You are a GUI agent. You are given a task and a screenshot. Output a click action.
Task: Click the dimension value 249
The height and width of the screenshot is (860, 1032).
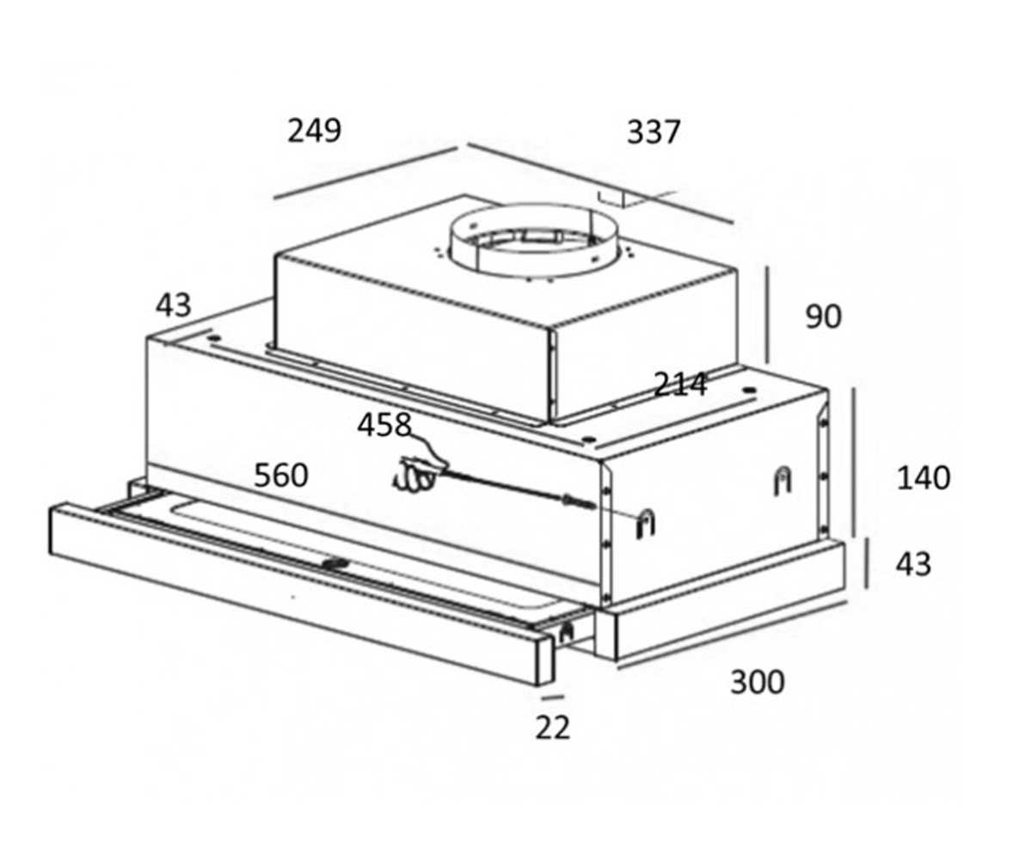[315, 131]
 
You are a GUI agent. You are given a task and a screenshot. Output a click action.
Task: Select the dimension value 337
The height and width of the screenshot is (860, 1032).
[654, 132]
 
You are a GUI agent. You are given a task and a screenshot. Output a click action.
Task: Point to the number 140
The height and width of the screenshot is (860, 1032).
[924, 478]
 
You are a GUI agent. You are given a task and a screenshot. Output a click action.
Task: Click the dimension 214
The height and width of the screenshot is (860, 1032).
[680, 384]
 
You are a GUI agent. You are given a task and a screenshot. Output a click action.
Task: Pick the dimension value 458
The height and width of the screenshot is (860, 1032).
[384, 425]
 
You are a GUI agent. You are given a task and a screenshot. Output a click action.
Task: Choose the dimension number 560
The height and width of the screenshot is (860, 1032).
[280, 476]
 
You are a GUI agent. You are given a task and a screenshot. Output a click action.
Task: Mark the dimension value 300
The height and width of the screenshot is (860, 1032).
[757, 683]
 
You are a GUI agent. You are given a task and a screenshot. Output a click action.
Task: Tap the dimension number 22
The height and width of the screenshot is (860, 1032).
[553, 728]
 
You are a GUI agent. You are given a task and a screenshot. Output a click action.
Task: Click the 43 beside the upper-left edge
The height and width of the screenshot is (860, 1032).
[174, 305]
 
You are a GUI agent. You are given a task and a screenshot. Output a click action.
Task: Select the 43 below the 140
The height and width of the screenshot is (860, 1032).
[913, 564]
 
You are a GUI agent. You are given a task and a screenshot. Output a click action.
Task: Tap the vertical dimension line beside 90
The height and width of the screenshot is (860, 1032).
[768, 315]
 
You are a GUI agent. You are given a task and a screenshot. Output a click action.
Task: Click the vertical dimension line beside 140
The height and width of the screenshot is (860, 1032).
[854, 463]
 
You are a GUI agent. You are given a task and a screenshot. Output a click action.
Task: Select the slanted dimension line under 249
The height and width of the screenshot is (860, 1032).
[365, 173]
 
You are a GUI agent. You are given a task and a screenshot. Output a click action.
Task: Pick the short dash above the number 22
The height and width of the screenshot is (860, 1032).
[553, 697]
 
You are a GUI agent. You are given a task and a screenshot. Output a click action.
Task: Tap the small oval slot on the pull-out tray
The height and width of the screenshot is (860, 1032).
[336, 563]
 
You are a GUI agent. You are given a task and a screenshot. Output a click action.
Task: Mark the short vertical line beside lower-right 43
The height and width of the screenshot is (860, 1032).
[866, 563]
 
